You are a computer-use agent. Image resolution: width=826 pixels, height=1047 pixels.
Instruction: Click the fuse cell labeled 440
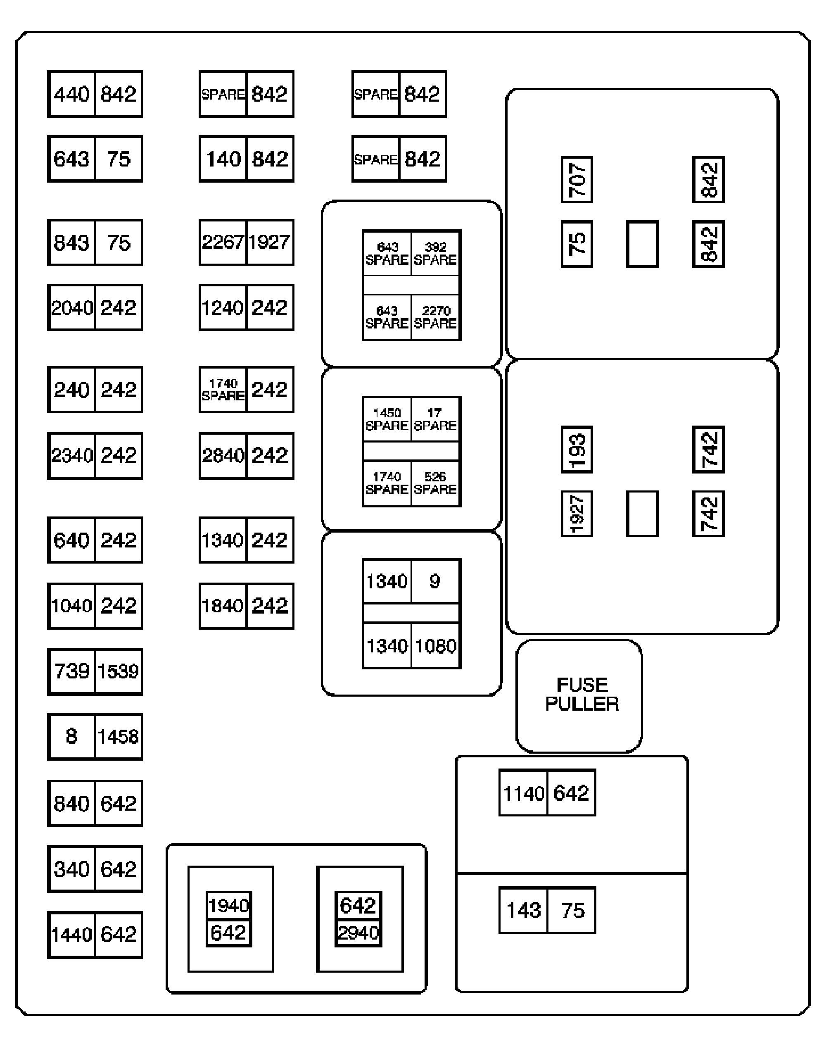(x=71, y=94)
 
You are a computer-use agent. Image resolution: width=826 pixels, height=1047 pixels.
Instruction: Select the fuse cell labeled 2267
(x=223, y=242)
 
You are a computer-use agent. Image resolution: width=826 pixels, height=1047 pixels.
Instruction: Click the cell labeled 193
(x=577, y=450)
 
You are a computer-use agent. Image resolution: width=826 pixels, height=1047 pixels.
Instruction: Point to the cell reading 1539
(x=119, y=671)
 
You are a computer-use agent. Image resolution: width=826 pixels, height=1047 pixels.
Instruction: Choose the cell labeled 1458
(x=119, y=736)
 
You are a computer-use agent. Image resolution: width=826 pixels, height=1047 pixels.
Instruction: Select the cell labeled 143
(x=523, y=910)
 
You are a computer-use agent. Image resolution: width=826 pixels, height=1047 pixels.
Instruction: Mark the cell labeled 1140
(x=523, y=793)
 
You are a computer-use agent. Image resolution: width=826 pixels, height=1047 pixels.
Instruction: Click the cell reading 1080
(x=435, y=646)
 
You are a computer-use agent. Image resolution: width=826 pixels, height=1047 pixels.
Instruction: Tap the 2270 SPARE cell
(x=435, y=317)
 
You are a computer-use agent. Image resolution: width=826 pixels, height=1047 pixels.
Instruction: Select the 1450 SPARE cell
(x=387, y=419)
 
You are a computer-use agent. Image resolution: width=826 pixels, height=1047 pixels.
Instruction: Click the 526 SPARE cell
(x=435, y=483)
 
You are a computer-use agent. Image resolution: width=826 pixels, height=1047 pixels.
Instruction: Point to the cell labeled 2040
(x=71, y=308)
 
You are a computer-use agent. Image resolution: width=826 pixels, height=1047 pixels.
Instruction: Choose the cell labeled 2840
(x=223, y=456)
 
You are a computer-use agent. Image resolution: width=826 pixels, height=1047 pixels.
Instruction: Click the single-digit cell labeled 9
(x=435, y=581)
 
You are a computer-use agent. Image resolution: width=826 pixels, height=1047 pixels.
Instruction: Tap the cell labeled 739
(x=71, y=671)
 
